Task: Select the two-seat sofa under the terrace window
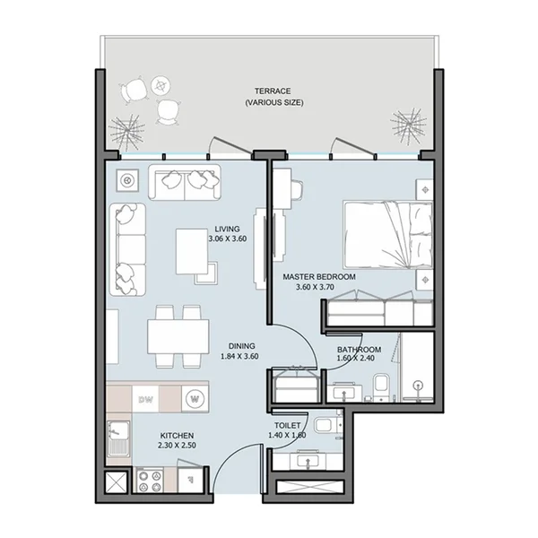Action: [x=186, y=182]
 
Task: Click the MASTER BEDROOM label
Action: [x=318, y=278]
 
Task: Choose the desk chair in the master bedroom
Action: [x=297, y=190]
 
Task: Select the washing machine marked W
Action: [x=193, y=397]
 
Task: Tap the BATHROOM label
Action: [x=359, y=350]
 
